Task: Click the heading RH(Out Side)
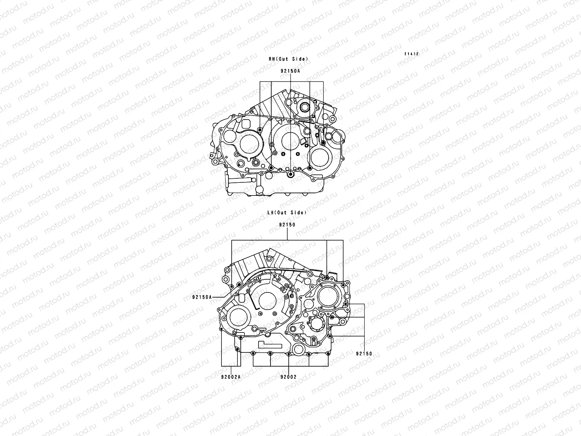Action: [x=288, y=59]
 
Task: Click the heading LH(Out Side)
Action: [x=287, y=213]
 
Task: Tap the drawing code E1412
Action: [x=412, y=54]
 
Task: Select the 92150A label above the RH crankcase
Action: [x=290, y=71]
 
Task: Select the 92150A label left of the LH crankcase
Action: [x=202, y=297]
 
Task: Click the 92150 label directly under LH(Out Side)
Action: [x=287, y=225]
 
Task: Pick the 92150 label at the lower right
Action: [x=364, y=354]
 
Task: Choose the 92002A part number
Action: [x=231, y=377]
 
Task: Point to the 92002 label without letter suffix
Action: [x=288, y=377]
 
